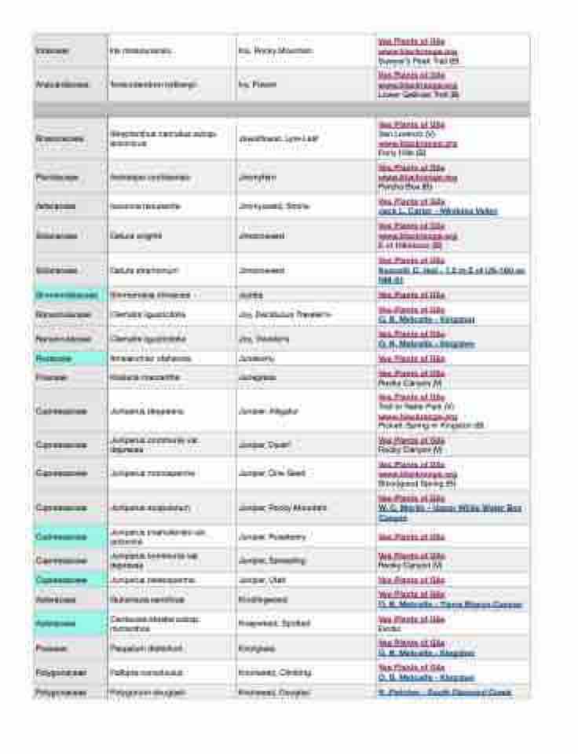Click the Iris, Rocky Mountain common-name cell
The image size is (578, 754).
click(275, 51)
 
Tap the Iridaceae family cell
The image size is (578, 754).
click(53, 51)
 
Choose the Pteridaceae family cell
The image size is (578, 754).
click(57, 178)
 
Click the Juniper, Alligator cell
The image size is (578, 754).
click(268, 411)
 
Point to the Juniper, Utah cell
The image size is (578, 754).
click(261, 580)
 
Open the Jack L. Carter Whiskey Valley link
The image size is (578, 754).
click(437, 211)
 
